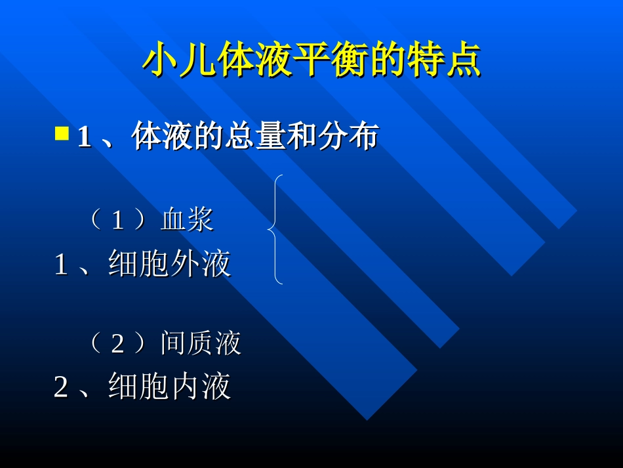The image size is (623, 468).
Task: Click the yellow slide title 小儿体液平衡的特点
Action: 311,60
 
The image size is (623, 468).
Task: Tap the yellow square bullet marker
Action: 62,134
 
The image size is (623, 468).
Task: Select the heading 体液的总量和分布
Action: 254,137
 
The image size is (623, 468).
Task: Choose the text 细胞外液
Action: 170,265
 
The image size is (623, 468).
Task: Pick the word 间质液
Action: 201,343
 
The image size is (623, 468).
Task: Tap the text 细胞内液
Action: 170,387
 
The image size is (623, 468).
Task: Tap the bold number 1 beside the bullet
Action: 84,138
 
